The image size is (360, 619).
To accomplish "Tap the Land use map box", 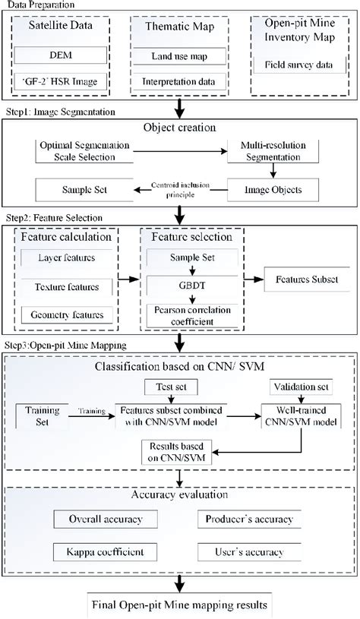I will pyautogui.click(x=178, y=58).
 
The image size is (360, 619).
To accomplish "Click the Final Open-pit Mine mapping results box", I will pyautogui.click(x=179, y=605).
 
